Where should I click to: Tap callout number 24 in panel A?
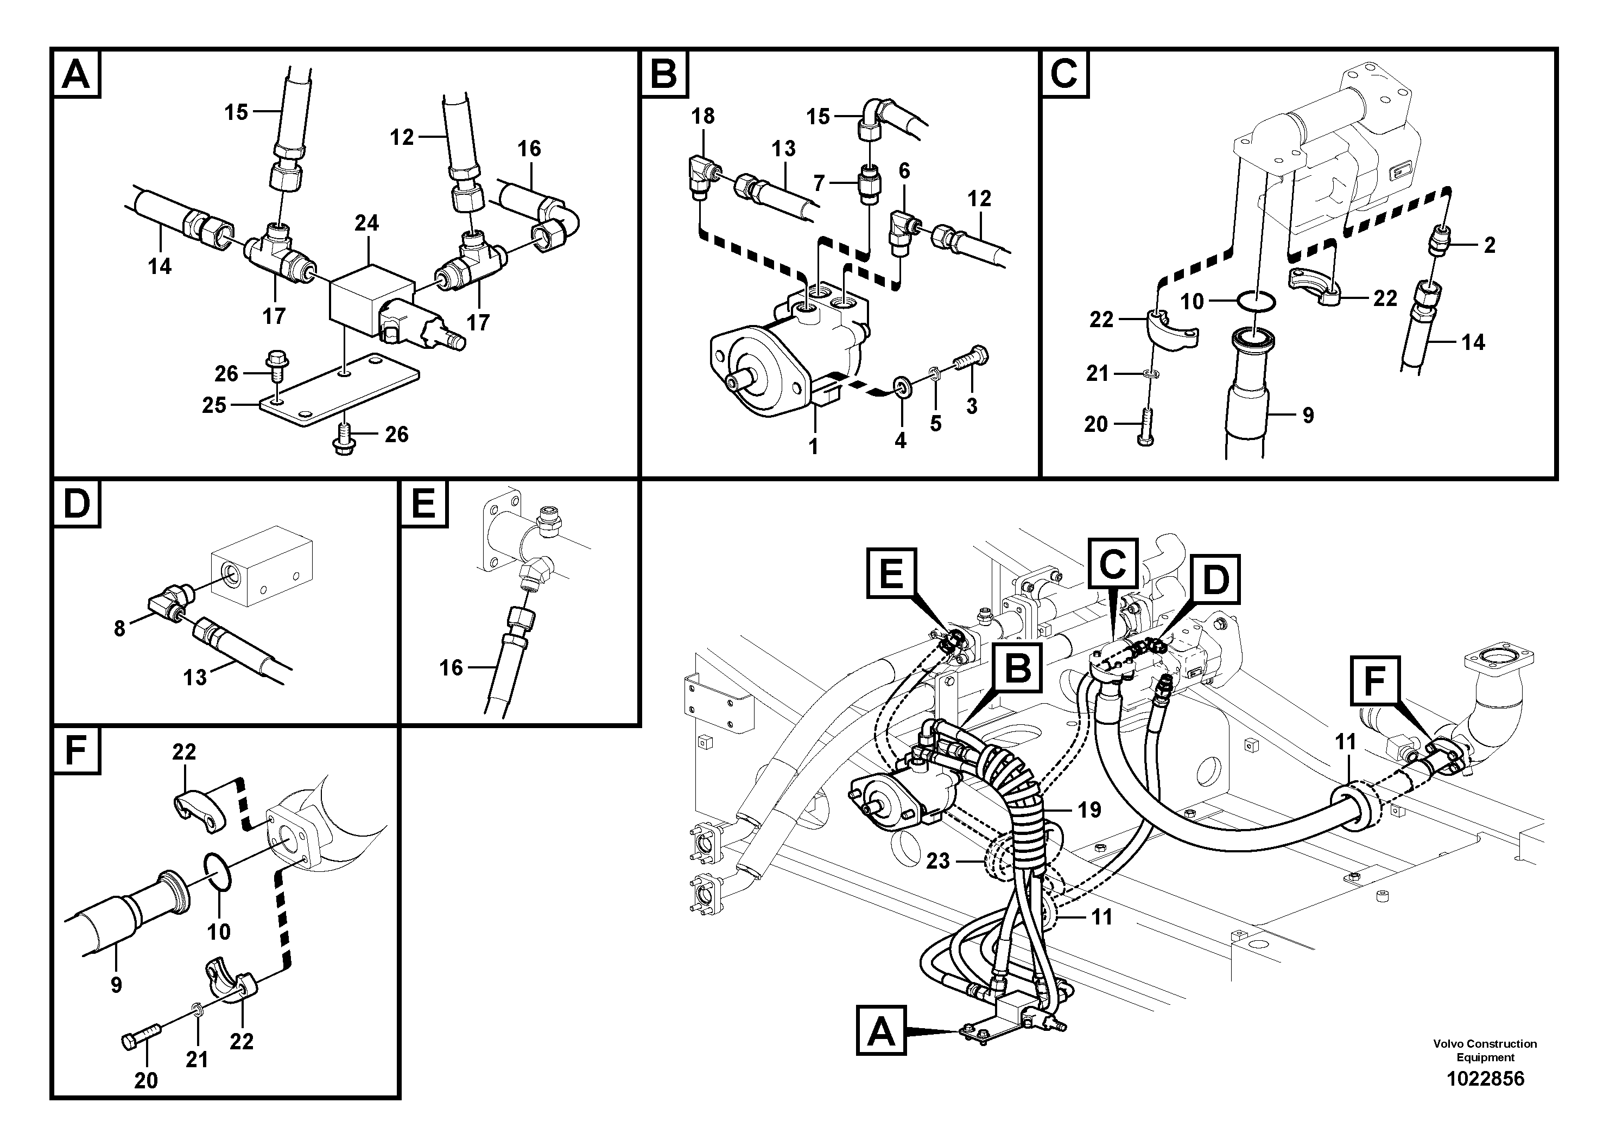pyautogui.click(x=366, y=223)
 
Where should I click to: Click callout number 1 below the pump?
pyautogui.click(x=813, y=446)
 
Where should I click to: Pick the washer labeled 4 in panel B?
pyautogui.click(x=900, y=386)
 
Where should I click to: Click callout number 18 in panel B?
pyautogui.click(x=702, y=116)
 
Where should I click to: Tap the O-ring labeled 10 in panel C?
pyautogui.click(x=1254, y=301)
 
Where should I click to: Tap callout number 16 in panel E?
pyautogui.click(x=451, y=667)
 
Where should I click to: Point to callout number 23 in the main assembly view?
pyautogui.click(x=938, y=860)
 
